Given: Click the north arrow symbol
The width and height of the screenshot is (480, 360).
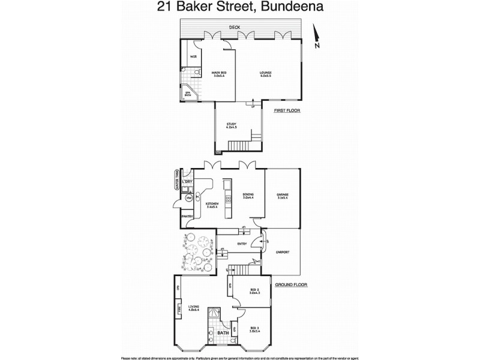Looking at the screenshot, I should [x=316, y=37].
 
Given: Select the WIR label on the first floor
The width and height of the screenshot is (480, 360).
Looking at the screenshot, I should [x=194, y=56].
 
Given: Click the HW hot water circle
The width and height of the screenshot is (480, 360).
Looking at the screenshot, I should [x=188, y=197].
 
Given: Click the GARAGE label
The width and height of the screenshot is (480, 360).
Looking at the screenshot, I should [x=283, y=196].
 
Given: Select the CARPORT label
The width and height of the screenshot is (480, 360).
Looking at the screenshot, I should [x=282, y=253].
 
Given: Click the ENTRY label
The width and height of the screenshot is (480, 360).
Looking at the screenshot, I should [x=242, y=244].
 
